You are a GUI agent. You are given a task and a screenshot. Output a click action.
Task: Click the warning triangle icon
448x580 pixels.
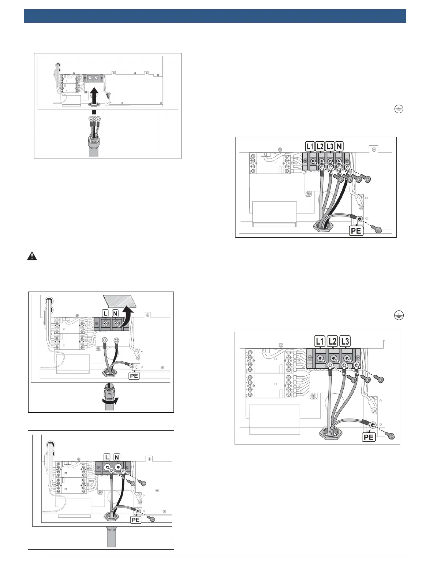[x=32, y=256]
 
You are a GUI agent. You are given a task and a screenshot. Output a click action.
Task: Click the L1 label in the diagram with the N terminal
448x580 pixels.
[x=310, y=147]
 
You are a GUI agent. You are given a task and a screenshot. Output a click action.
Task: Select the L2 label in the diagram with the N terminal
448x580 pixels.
[x=320, y=147]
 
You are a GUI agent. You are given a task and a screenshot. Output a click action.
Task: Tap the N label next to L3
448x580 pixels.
[x=339, y=147]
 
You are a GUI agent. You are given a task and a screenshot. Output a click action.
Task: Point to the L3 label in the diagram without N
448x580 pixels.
[x=345, y=342]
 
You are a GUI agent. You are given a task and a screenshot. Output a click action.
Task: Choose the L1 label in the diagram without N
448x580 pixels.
[x=320, y=342]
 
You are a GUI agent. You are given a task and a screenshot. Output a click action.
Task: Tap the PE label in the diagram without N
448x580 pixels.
[x=369, y=437]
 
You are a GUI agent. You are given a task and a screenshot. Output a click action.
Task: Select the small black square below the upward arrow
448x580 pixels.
[x=94, y=111]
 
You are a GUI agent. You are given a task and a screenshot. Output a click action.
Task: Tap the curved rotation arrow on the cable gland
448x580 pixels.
[x=111, y=401]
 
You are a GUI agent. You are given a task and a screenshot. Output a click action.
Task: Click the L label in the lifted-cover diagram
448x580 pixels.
[x=105, y=313]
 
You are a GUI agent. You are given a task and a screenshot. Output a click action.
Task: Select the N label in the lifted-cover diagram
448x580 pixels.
[x=116, y=313]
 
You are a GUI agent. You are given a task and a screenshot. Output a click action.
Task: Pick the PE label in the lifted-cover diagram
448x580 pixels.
[x=134, y=376]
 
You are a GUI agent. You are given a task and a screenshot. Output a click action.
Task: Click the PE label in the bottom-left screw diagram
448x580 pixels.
[x=136, y=520]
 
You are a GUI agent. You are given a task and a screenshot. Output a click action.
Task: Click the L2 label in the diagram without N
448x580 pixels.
[x=332, y=342]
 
